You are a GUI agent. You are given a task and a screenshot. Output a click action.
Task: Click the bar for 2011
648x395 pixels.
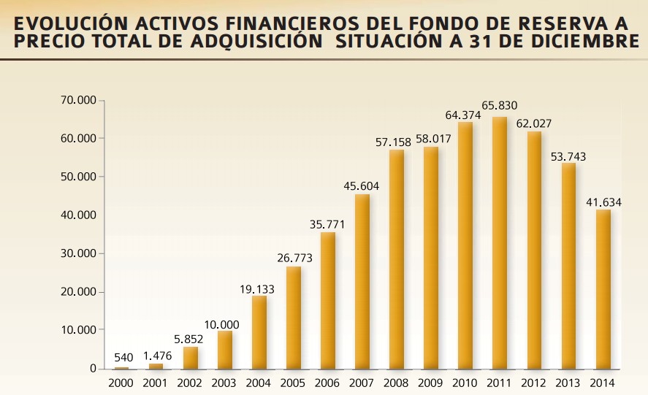click(500, 242)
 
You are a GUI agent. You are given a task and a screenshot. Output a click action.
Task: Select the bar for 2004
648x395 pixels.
click(259, 332)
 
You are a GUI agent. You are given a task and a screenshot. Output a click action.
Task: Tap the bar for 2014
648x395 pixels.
click(603, 289)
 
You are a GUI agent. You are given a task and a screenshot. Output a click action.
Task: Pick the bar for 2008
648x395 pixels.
click(397, 259)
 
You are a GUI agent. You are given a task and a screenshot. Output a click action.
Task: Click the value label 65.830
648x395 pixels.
click(500, 106)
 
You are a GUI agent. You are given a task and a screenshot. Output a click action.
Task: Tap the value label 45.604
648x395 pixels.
click(362, 185)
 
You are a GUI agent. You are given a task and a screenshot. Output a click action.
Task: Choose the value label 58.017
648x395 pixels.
click(431, 139)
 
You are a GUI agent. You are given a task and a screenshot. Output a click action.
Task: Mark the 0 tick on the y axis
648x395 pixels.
click(93, 369)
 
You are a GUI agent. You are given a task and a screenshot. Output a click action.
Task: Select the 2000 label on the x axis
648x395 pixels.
click(121, 383)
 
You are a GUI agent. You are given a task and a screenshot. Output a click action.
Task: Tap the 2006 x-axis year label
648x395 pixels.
click(327, 383)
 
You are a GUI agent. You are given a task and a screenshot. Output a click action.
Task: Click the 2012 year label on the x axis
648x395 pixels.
click(534, 383)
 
